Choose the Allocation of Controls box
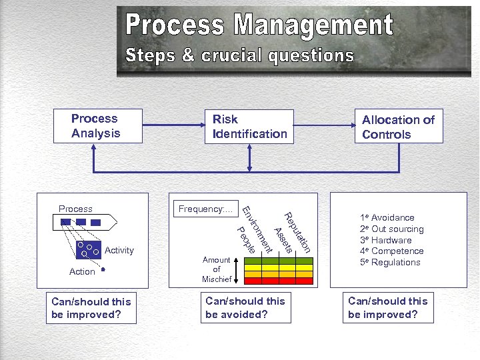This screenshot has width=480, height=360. click(x=399, y=127)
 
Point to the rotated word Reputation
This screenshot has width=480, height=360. click(x=298, y=232)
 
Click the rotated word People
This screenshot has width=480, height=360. click(x=246, y=241)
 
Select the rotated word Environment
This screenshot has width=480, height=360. click(x=257, y=230)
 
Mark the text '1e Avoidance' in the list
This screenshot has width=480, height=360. click(x=387, y=217)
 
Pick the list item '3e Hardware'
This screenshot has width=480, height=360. click(x=386, y=240)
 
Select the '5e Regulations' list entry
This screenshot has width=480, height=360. click(x=390, y=262)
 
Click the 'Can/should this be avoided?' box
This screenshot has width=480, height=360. click(x=247, y=307)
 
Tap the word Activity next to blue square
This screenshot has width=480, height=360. click(x=119, y=251)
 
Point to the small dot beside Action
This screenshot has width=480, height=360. click(x=105, y=271)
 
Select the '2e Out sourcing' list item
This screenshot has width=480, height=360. click(x=392, y=229)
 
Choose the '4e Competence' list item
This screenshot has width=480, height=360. click(x=391, y=251)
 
